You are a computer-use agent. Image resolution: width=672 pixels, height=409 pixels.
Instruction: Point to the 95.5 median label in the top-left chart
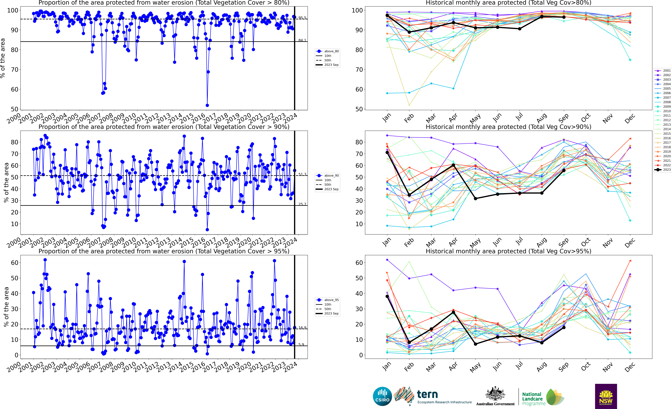[x=302, y=18]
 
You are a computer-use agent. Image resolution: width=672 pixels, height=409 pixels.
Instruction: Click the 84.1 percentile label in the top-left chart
[x=302, y=40]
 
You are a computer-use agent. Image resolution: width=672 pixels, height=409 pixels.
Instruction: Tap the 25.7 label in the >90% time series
[x=302, y=204]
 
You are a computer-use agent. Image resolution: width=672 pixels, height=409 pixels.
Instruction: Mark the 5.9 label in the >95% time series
[x=301, y=345]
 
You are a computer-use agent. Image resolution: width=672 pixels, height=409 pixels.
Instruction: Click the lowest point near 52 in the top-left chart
[x=207, y=105]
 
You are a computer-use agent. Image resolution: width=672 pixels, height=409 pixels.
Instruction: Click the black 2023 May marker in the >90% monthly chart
[x=476, y=199]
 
